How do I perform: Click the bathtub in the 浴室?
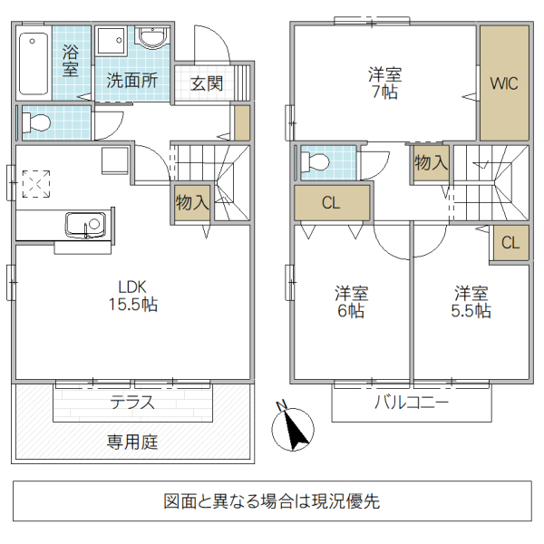pos(34,64)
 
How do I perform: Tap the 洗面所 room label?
pos(132,80)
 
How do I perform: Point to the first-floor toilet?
pos(36,122)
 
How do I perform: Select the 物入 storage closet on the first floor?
pos(192,202)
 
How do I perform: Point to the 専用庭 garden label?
pos(132,442)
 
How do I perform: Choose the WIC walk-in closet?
pos(503,83)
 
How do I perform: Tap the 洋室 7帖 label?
pos(384,83)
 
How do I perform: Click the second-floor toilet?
pos(316,162)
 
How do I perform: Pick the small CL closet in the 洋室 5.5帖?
pos(510,242)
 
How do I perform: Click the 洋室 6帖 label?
pos(351,302)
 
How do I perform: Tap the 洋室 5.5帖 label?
pos(471,302)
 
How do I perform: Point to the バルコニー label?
pos(412,403)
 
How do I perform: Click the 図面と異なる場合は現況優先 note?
pos(272,500)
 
